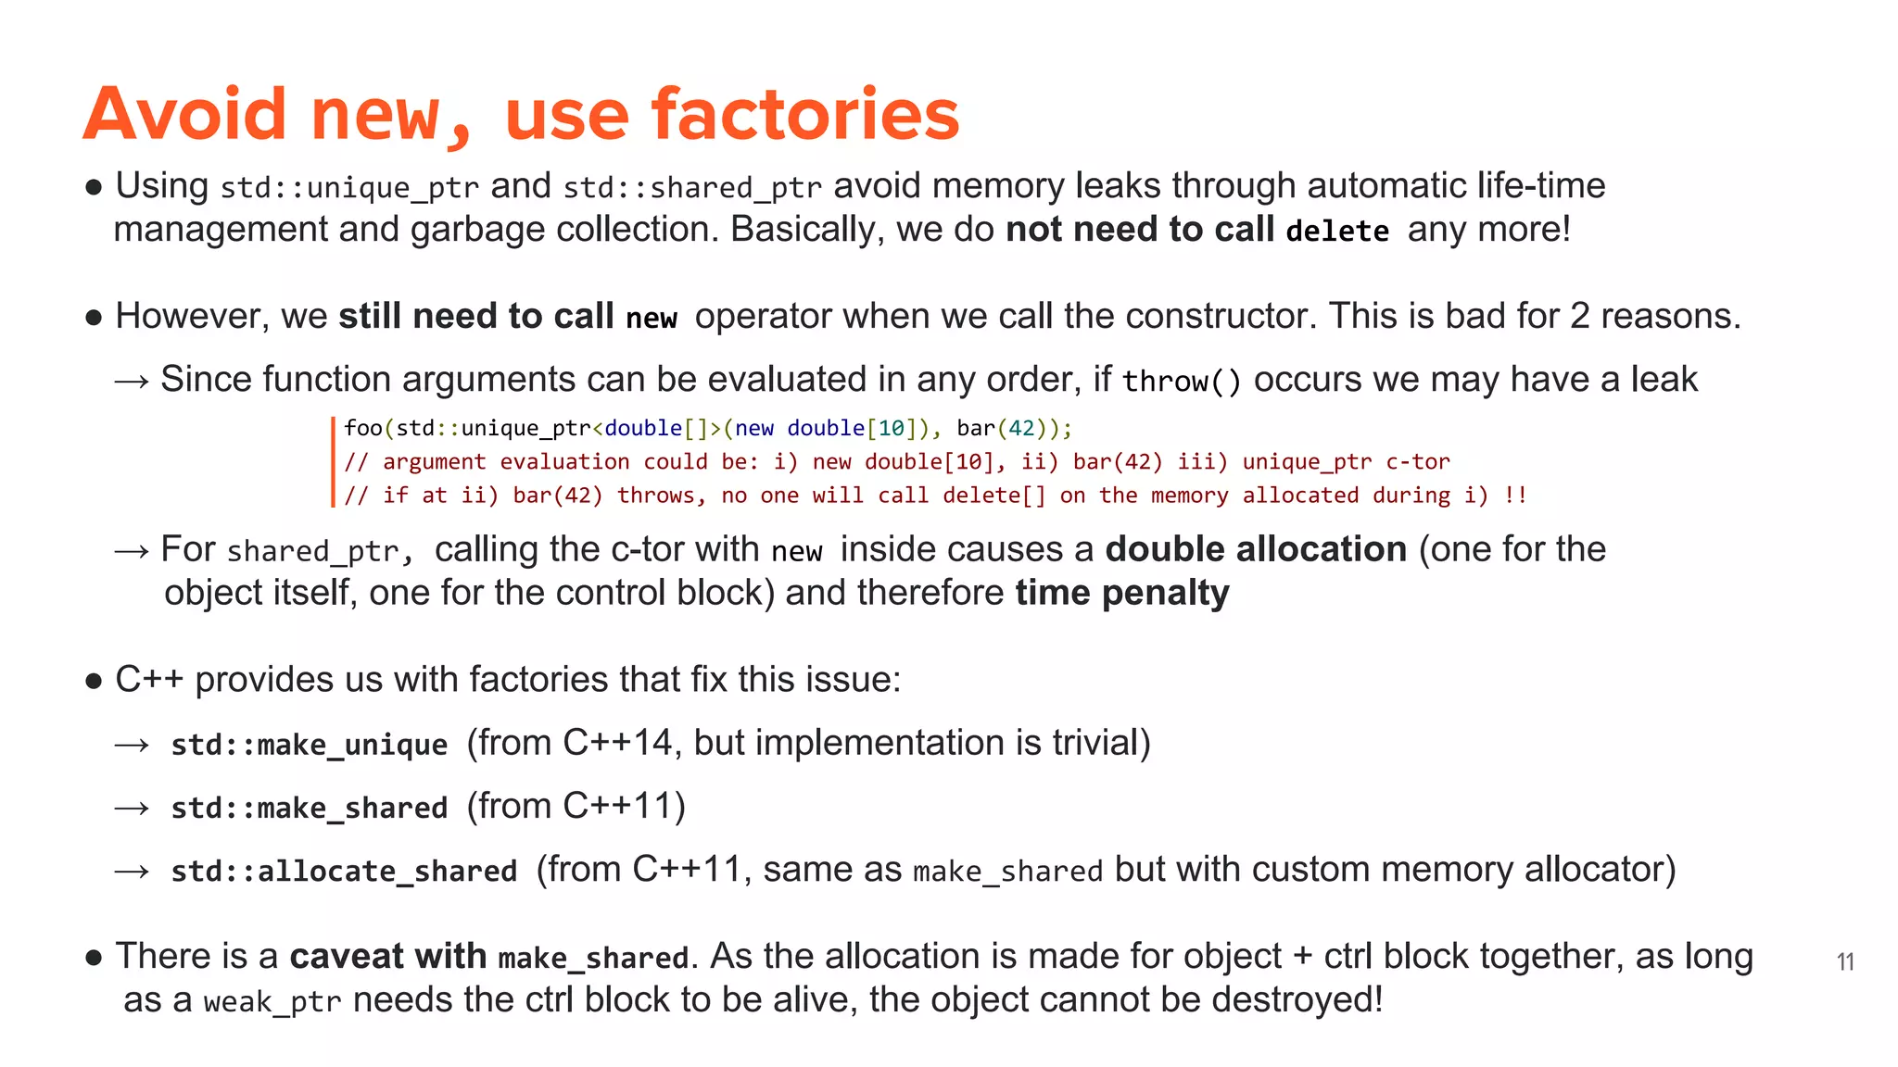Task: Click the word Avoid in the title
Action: pos(185,113)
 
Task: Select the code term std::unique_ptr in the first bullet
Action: pos(349,188)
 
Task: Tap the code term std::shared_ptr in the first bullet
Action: pos(692,188)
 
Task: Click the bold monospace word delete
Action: pos(1337,231)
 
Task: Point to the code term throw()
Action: pos(1182,381)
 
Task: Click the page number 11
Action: pos(1845,962)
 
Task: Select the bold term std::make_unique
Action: pos(310,745)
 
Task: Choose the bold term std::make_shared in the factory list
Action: pos(310,808)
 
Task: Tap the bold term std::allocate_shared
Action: pos(344,871)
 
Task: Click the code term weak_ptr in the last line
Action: pos(272,1002)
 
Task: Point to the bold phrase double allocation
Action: pos(1256,549)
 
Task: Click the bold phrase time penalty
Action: pos(1122,593)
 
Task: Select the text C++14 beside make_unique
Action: pos(617,743)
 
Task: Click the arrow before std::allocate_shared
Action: pos(132,871)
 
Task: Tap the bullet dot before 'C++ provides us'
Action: pos(93,682)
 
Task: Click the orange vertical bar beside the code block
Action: pos(333,461)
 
